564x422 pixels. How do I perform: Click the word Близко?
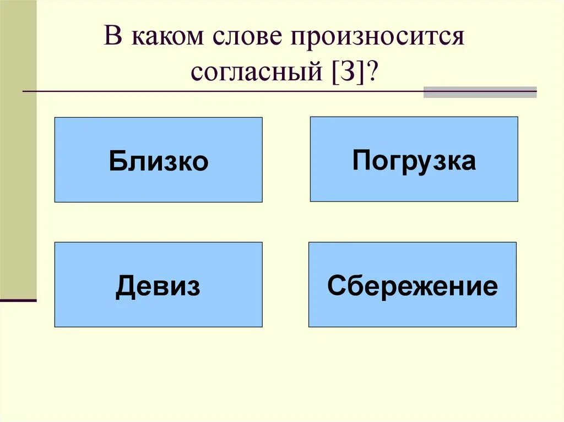(159, 162)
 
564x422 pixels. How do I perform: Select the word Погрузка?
(414, 161)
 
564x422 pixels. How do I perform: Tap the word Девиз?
(158, 287)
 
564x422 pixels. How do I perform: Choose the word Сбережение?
(413, 286)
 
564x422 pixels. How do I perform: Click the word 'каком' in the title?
(163, 39)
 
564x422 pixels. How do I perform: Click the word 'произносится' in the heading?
(373, 39)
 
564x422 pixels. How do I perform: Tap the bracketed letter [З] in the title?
(349, 72)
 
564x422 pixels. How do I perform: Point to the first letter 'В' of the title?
(112, 39)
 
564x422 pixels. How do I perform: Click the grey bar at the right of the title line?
(480, 92)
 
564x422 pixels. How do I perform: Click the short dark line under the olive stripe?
(18, 300)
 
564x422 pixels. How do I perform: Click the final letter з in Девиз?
(193, 287)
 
